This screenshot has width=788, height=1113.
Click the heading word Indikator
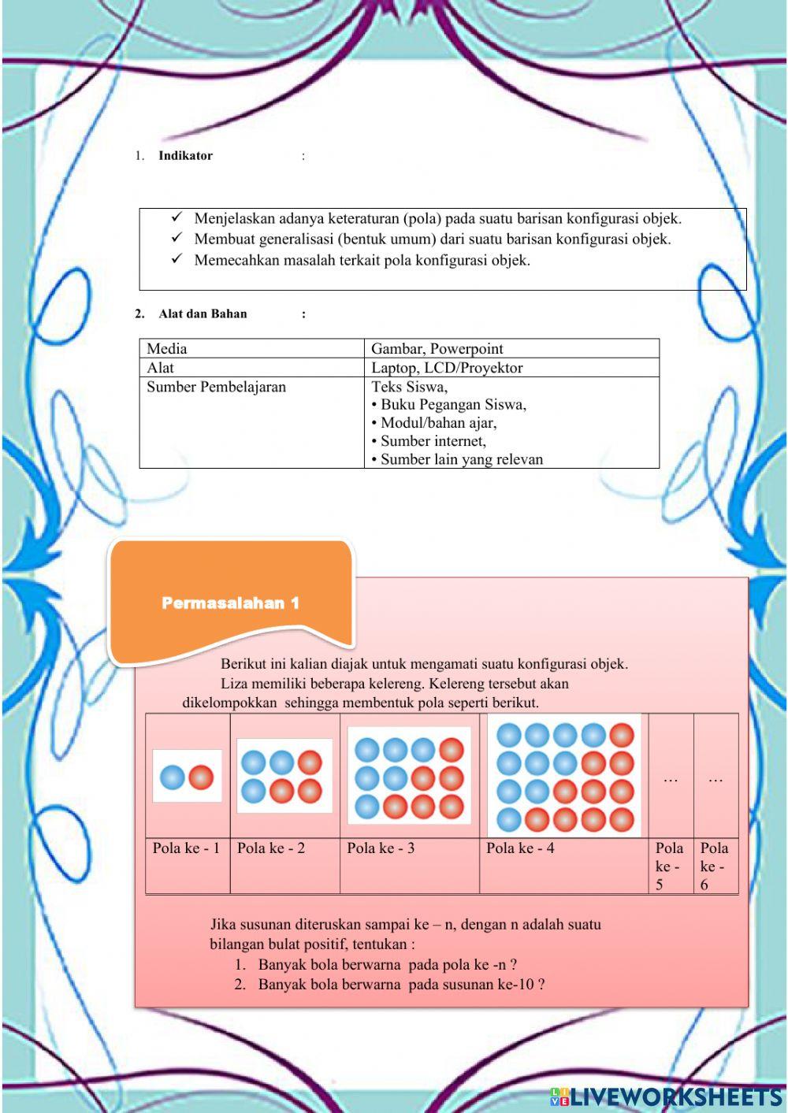[185, 156]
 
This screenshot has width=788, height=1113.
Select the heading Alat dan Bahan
[203, 313]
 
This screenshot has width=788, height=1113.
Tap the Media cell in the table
[167, 348]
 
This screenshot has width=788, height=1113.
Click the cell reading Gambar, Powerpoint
[437, 348]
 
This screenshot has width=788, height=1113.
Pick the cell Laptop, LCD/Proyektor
[447, 368]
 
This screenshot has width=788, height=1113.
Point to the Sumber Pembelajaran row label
[216, 387]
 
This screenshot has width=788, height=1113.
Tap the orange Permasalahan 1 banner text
[230, 603]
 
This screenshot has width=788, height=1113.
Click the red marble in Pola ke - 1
[202, 777]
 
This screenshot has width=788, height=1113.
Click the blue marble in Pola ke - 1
[173, 777]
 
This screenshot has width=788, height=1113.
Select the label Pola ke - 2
[271, 848]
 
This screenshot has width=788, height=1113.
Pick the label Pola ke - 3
[381, 848]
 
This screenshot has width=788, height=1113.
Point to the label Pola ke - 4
[520, 848]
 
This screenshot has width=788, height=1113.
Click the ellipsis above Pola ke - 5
[671, 779]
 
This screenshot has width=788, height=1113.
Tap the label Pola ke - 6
[714, 866]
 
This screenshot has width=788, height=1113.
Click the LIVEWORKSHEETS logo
[666, 1096]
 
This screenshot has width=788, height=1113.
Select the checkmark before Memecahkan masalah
[177, 258]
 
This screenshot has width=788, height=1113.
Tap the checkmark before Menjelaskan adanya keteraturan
[177, 217]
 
